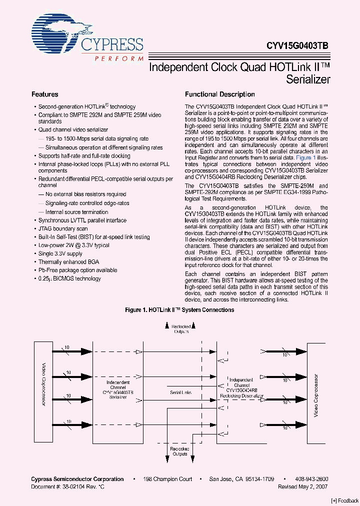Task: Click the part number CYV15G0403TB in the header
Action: (x=293, y=44)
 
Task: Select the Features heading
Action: (x=45, y=94)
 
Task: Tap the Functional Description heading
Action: (x=219, y=94)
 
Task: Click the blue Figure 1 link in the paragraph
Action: (x=304, y=157)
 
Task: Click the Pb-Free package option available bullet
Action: (x=77, y=270)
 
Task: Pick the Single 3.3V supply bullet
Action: (x=60, y=254)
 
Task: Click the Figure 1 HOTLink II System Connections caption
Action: (x=179, y=310)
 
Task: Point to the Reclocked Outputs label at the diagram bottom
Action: (x=179, y=452)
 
